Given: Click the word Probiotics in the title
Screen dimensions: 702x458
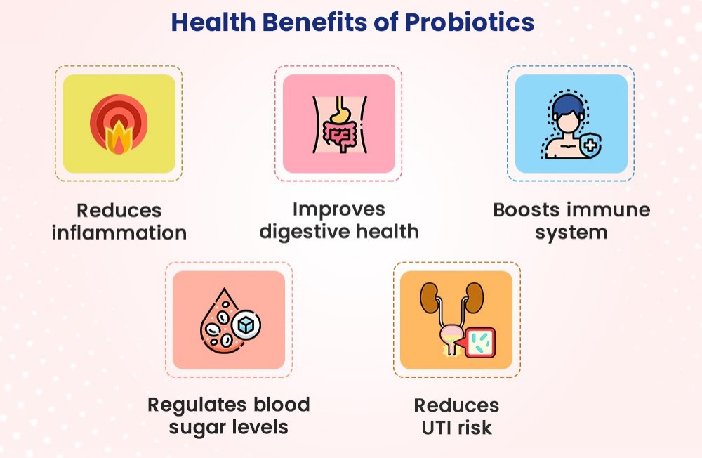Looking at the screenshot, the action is (x=469, y=22).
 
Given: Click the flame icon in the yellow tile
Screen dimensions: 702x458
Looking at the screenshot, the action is (x=118, y=137).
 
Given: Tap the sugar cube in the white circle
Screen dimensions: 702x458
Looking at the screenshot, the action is (x=246, y=325).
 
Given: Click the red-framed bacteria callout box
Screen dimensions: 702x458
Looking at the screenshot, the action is (x=480, y=343).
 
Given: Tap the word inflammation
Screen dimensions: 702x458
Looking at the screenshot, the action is (x=119, y=233).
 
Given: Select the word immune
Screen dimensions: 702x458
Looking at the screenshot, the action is (x=611, y=210).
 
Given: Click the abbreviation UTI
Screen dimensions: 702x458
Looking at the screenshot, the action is (x=437, y=428).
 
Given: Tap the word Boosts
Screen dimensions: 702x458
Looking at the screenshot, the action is (x=530, y=210).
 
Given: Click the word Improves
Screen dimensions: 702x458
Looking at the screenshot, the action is (x=339, y=209).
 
